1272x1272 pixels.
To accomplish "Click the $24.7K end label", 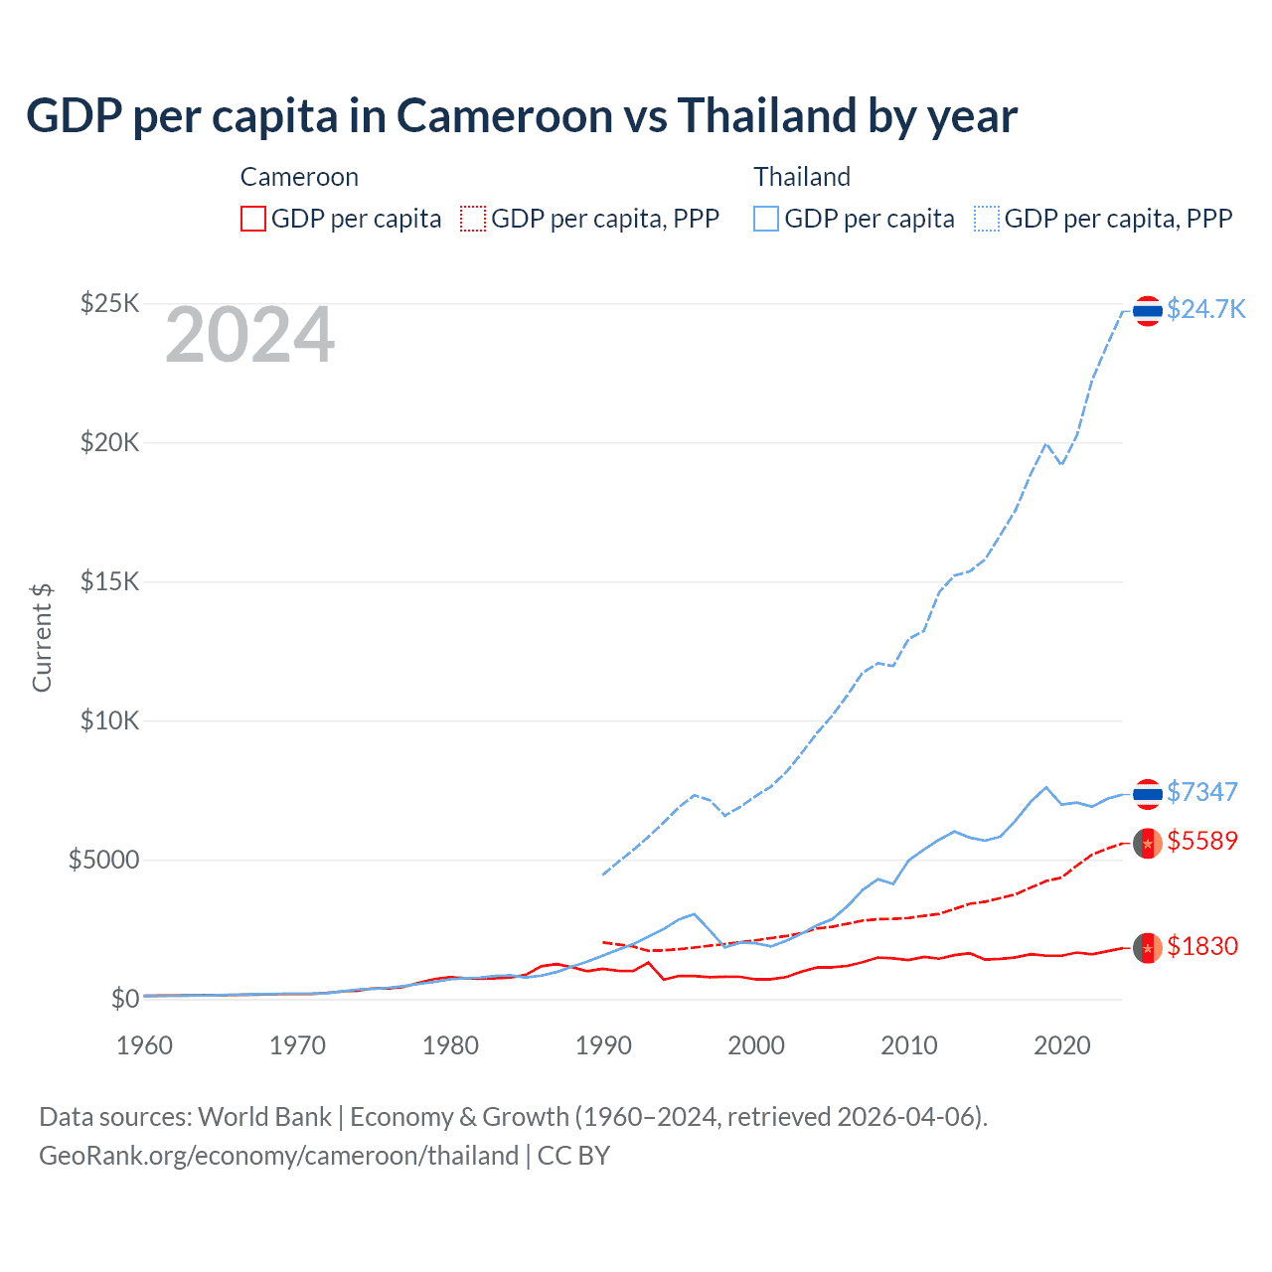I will pos(1205,309).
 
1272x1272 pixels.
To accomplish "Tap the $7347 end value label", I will pos(1201,792).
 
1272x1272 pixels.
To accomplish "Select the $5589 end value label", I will pos(1201,841).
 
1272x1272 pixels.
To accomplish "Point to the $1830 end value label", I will pos(1201,946).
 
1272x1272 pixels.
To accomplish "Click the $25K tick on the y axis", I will pos(109,303).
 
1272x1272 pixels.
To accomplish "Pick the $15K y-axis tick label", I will pos(109,581).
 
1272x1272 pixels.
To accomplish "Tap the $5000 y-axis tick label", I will pos(103,860).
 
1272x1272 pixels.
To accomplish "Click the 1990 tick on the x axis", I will pos(603,1045).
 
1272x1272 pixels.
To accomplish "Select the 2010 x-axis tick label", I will pos(909,1045).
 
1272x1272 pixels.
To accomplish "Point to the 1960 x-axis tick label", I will pos(144,1045).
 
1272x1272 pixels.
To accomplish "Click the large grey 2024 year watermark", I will pos(249,336).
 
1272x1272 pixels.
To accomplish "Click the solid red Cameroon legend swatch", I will pos(253,219).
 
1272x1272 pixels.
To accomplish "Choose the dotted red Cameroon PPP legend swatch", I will pos(473,219).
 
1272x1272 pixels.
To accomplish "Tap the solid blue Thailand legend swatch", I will pos(766,219).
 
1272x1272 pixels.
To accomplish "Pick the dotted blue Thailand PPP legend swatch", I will pos(987,219).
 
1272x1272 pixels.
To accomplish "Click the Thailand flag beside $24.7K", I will pos(1148,311).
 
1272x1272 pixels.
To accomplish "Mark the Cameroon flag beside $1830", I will pos(1148,948).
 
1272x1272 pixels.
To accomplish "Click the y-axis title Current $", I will pos(42,637).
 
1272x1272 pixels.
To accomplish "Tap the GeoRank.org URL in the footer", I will pos(278,1156).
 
